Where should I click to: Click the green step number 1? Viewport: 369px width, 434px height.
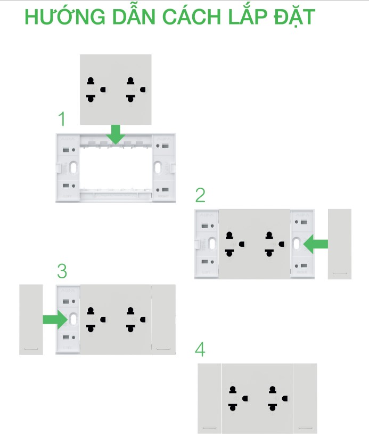[62, 119]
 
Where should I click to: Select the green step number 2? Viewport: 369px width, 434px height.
[200, 195]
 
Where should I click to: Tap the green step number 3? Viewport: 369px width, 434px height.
[62, 271]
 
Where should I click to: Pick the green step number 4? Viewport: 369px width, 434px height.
[200, 349]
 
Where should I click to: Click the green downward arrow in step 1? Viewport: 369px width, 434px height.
[116, 134]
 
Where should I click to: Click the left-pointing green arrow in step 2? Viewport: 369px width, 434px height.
[315, 244]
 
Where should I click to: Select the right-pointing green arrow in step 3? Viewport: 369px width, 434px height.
[55, 320]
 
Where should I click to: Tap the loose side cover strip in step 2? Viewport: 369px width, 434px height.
[340, 244]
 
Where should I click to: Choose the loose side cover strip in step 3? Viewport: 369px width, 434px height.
[31, 320]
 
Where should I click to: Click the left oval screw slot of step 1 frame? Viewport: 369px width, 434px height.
[73, 168]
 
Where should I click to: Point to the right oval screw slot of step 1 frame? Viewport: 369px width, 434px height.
[158, 168]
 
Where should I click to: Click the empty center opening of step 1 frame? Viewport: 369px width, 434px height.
[116, 168]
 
